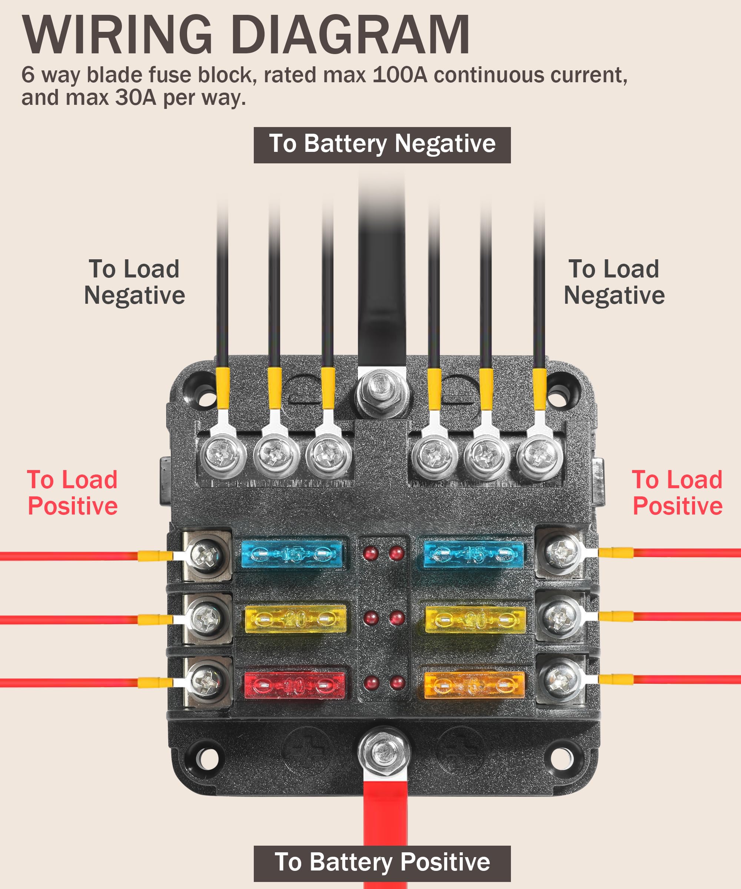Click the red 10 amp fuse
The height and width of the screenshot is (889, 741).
point(295,685)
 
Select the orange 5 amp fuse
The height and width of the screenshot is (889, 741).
point(474,685)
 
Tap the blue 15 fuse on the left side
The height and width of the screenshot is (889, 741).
point(291,554)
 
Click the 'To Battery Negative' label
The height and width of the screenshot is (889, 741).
point(382,145)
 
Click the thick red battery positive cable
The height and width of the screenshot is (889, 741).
point(385,830)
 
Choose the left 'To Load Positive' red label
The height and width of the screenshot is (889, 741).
point(72,493)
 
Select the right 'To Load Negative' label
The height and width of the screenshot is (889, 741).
point(614,282)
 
